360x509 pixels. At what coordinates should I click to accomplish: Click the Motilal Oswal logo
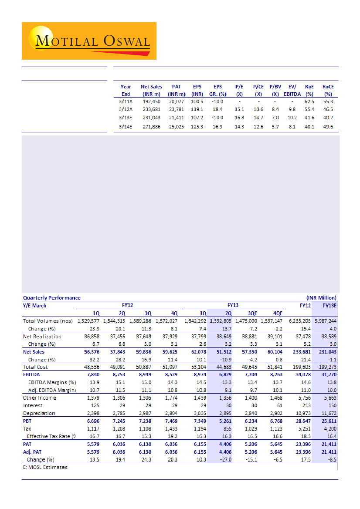tap(89, 41)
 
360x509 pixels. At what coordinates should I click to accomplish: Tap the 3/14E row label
tap(126, 127)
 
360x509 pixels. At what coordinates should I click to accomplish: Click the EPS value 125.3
tap(197, 127)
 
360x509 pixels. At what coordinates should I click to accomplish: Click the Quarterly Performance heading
tap(51, 298)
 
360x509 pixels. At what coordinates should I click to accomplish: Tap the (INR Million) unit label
tap(321, 298)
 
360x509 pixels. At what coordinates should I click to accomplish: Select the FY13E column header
tap(329, 306)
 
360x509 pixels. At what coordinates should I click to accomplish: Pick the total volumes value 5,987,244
tap(326, 321)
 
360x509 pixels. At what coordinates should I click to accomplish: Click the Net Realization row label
tap(42, 337)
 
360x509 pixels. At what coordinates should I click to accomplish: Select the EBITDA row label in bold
tap(31, 374)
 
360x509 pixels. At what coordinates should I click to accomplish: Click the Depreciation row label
tap(39, 413)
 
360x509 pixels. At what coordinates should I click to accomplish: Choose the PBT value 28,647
tap(302, 421)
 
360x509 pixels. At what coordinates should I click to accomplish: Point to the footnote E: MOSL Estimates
tap(45, 467)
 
